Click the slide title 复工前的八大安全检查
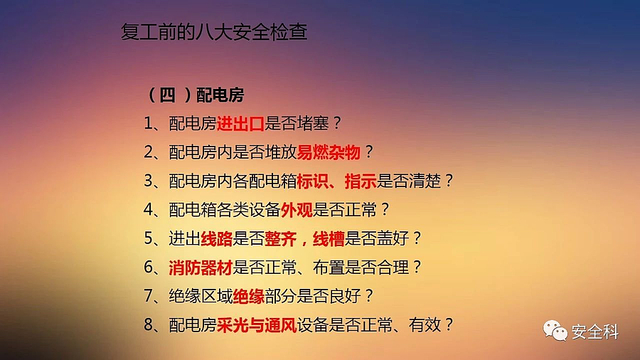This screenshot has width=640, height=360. pyautogui.click(x=214, y=32)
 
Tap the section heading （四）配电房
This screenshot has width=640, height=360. pyautogui.click(x=195, y=95)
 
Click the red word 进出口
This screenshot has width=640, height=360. pyautogui.click(x=240, y=123)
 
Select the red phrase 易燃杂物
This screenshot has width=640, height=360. pyautogui.click(x=329, y=152)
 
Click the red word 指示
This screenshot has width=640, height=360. pyautogui.click(x=361, y=181)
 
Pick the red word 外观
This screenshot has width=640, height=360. pyautogui.click(x=297, y=210)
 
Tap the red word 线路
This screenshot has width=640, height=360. pyautogui.click(x=217, y=238)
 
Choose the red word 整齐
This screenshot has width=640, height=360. pyautogui.click(x=281, y=238)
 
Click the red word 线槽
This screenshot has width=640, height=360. pyautogui.click(x=329, y=238)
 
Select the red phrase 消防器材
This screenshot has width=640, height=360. pyautogui.click(x=201, y=268)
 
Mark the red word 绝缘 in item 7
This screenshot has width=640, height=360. pyautogui.click(x=249, y=296)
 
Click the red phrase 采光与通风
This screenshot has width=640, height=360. pyautogui.click(x=257, y=325)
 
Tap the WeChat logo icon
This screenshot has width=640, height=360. pyautogui.click(x=555, y=331)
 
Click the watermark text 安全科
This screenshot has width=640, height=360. pyautogui.click(x=595, y=332)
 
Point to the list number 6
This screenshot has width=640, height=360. pyautogui.click(x=148, y=268)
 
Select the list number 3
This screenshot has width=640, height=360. pyautogui.click(x=148, y=181)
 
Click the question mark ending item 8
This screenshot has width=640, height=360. pyautogui.click(x=449, y=325)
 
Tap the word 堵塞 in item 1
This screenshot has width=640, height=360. pyautogui.click(x=313, y=123)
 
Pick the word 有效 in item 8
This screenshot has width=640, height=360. pyautogui.click(x=425, y=325)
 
